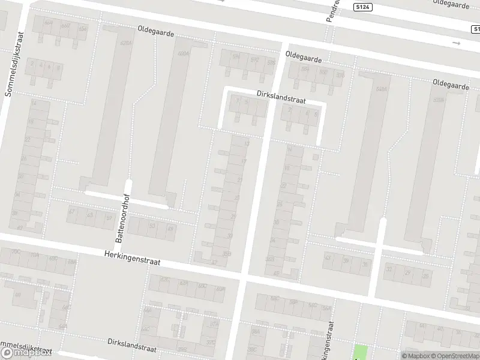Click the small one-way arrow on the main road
click(457, 43)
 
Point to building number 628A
click(126, 44)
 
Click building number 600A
click(183, 53)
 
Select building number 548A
click(380, 90)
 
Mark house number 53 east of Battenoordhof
click(152, 226)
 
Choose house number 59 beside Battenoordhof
click(109, 217)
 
